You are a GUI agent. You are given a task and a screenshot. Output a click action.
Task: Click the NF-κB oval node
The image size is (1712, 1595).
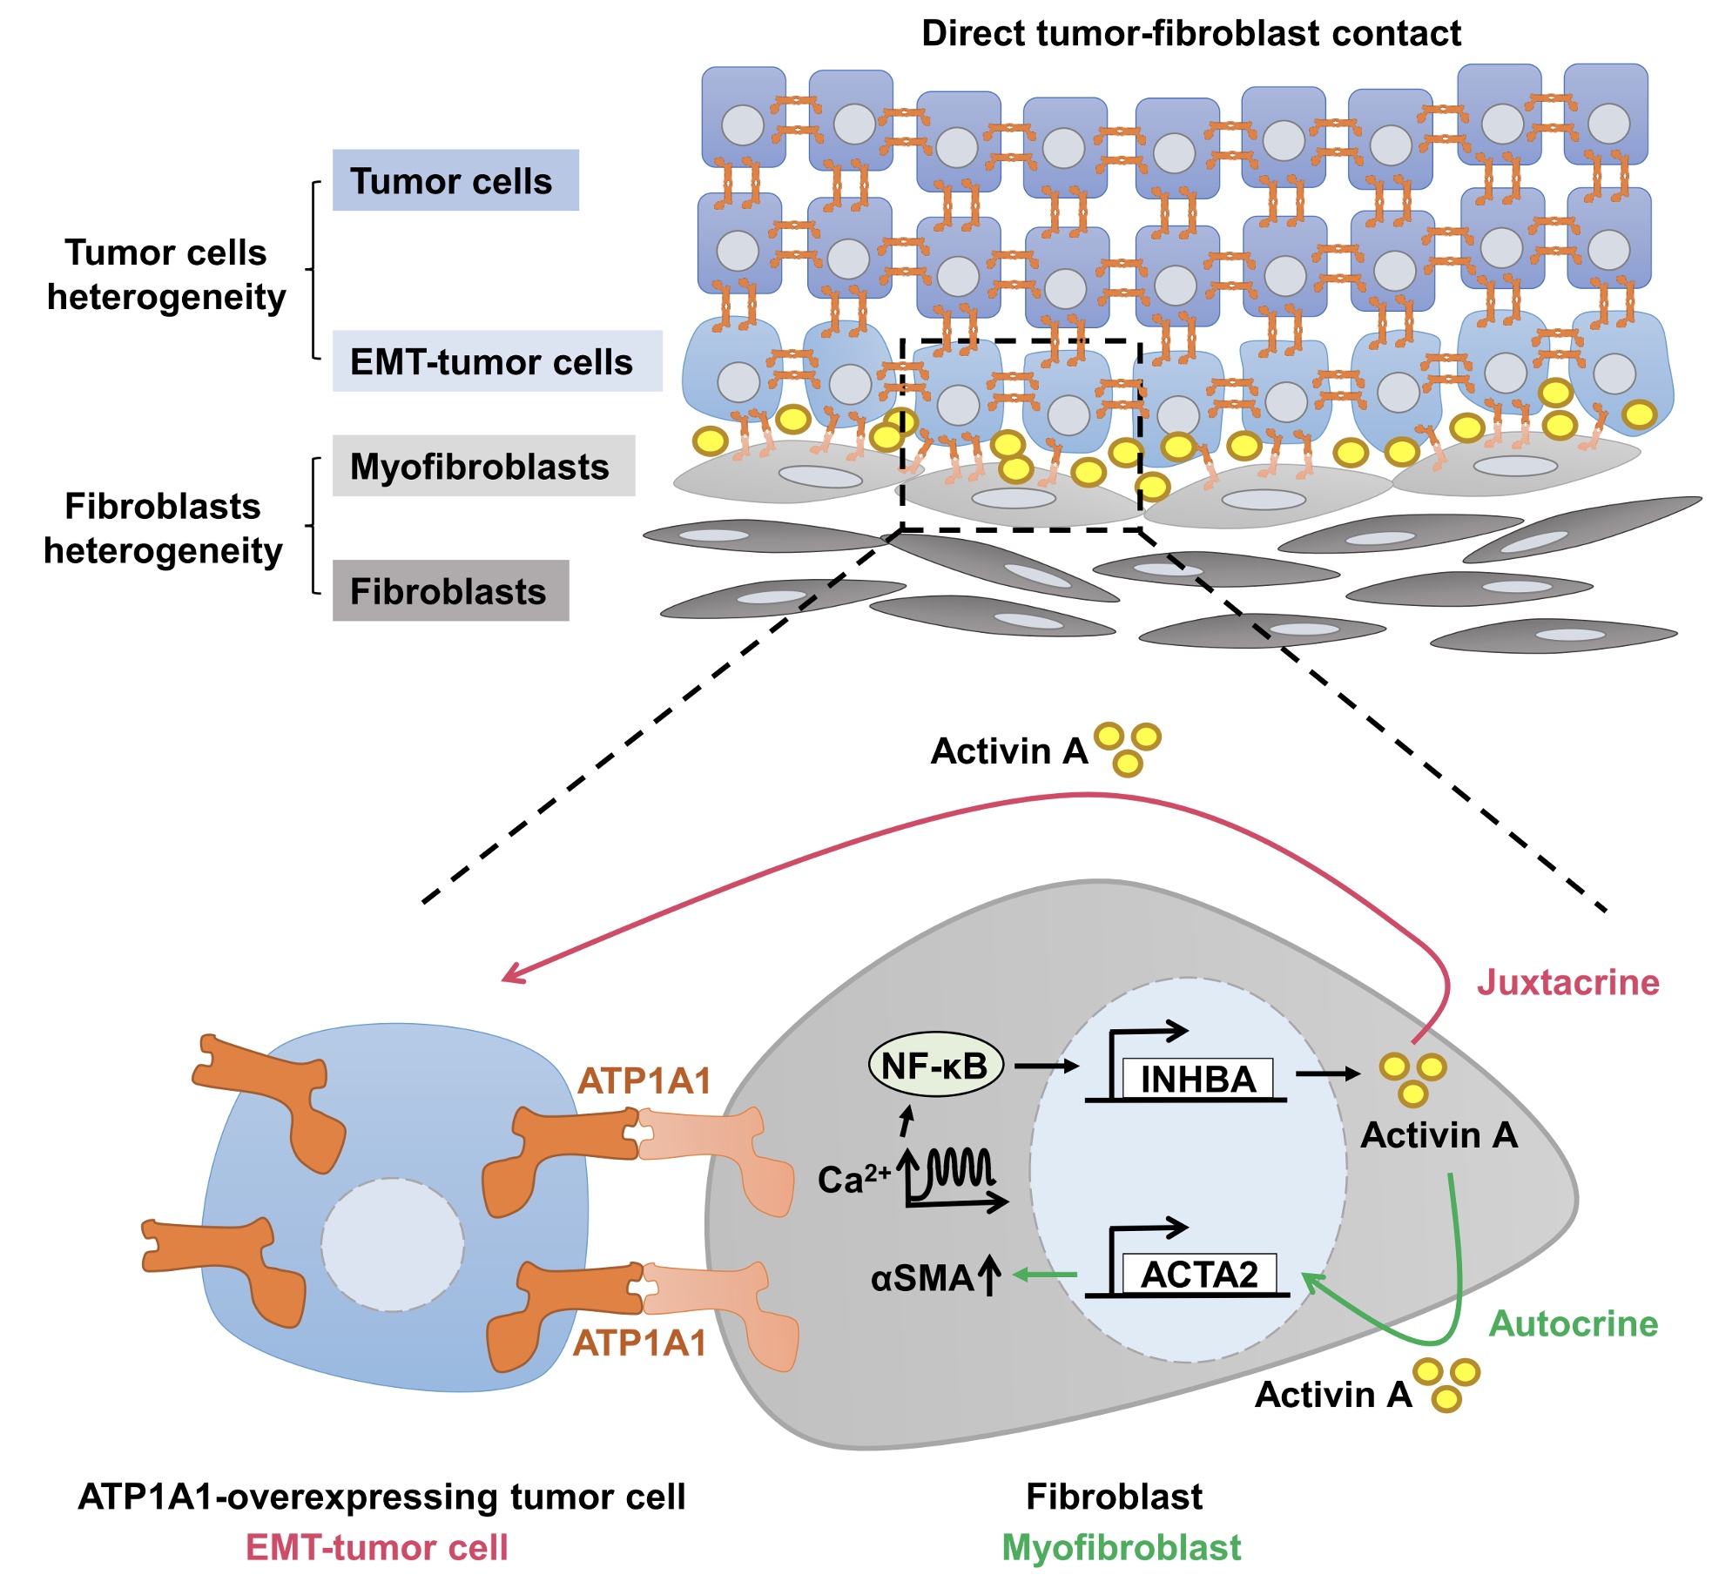tap(935, 1065)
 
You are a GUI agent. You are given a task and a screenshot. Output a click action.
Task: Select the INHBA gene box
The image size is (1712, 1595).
tap(1197, 1080)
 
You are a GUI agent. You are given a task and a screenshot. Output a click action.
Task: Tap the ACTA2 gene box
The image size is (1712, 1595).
tap(1199, 1275)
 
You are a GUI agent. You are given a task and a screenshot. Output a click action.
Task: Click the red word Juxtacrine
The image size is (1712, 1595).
tap(1567, 982)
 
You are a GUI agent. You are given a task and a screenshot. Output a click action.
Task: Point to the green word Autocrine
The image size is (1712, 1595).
tap(1573, 1323)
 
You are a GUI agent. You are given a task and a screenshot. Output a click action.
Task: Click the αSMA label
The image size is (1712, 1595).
tap(922, 1278)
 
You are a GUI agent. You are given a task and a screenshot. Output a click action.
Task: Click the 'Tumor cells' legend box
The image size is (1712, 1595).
tap(455, 180)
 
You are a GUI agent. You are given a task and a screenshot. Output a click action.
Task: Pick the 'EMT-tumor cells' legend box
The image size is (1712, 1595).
tap(496, 361)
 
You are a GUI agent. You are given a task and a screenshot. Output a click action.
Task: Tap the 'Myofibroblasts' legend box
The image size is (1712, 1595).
tap(483, 467)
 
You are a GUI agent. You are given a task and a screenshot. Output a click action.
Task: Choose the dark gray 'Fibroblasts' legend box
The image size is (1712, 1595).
tap(450, 591)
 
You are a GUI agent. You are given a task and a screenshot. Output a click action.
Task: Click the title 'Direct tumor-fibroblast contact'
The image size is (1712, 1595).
tap(1190, 33)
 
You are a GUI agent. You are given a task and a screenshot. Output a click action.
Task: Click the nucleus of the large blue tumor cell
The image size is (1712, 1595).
tap(392, 1245)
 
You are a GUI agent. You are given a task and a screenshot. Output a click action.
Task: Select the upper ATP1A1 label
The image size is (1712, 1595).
tap(644, 1080)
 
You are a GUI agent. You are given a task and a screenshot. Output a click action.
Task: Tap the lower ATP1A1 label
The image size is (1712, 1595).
tap(639, 1343)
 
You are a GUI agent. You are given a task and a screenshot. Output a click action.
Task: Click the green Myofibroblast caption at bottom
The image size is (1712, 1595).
tap(1121, 1547)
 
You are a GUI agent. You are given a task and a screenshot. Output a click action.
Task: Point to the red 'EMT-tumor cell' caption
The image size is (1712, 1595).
tap(376, 1547)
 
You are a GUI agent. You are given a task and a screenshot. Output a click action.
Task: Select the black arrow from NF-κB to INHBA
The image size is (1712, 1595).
tap(1045, 1066)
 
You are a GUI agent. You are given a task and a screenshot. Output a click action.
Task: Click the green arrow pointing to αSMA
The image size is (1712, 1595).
tap(1045, 1275)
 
